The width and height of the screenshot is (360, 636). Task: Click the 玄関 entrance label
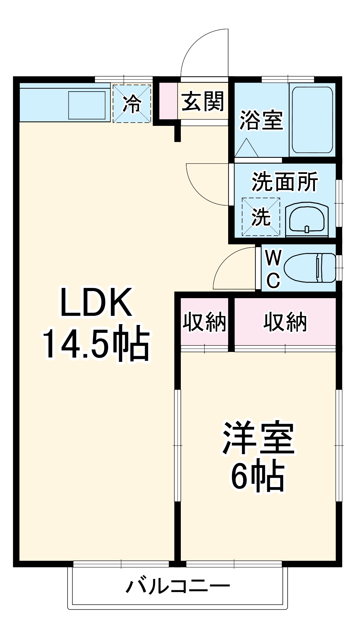(x=203, y=102)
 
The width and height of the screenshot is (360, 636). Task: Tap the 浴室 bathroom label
(x=261, y=120)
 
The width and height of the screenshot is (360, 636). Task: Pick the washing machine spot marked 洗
(x=260, y=217)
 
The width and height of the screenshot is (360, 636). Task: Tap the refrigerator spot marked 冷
(x=132, y=103)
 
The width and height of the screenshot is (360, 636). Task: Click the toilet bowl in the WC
(x=309, y=268)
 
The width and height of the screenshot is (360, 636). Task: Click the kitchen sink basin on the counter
(x=87, y=104)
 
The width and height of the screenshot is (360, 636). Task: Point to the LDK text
(x=96, y=303)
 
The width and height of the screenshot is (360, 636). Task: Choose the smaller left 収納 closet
(x=204, y=322)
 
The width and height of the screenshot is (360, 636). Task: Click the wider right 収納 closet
(x=285, y=322)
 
